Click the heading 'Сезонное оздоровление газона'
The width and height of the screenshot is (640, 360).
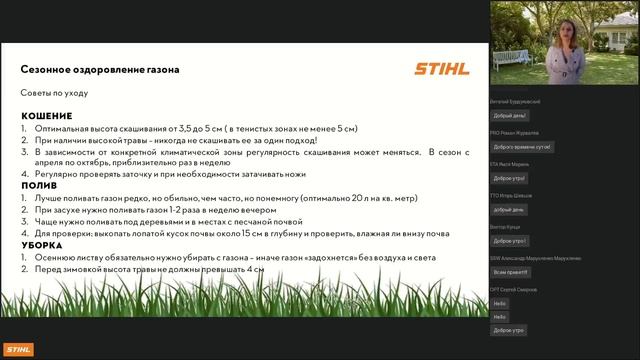(100, 70)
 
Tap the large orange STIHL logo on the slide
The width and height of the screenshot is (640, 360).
(440, 69)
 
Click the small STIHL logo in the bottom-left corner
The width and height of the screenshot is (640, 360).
(17, 349)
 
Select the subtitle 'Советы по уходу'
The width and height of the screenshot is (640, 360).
(55, 92)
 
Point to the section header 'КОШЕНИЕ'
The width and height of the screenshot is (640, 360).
(46, 117)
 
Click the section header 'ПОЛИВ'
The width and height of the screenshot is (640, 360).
(40, 186)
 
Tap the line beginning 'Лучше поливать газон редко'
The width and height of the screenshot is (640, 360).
(200, 198)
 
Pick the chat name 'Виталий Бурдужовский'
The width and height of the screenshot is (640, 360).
(524, 101)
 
